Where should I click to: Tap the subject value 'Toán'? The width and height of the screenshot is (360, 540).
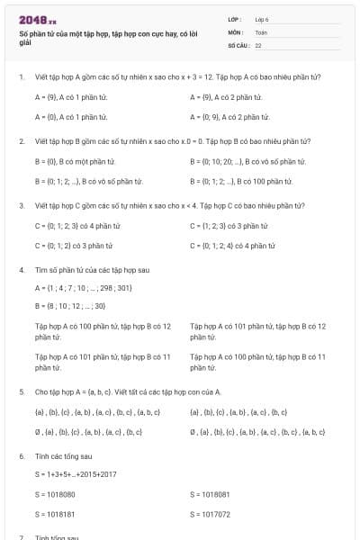coord(262,31)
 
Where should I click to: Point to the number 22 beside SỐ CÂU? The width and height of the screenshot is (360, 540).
coord(258,44)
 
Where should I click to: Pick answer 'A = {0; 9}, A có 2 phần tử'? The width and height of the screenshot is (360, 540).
coord(230,117)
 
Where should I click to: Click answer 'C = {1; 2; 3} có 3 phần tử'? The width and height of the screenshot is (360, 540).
coord(229,225)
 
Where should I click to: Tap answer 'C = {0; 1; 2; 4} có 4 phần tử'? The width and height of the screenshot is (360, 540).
coord(233,246)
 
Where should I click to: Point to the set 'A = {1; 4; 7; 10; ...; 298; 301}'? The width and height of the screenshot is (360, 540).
coord(84,288)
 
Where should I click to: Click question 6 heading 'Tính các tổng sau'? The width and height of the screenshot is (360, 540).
coord(63,456)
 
